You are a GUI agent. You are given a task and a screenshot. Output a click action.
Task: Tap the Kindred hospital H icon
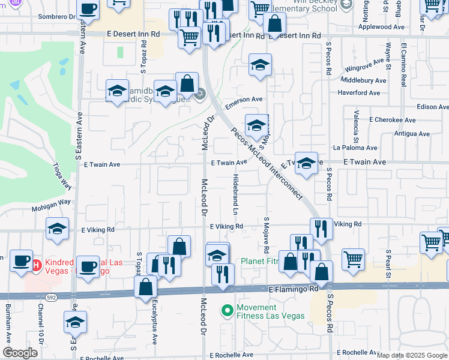[x=36, y=264]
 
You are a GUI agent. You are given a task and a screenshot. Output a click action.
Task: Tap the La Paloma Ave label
[x=355, y=148]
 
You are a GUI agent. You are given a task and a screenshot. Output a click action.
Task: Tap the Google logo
[x=20, y=353]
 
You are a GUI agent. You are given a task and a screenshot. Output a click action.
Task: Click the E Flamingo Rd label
[x=294, y=289]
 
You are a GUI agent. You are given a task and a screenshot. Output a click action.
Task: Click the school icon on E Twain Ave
[x=306, y=163]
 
